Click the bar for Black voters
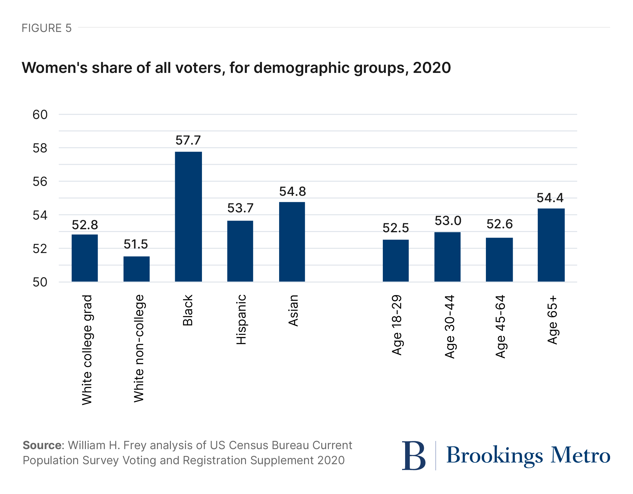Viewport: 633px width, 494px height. click(x=188, y=217)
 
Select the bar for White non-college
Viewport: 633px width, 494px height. click(x=137, y=269)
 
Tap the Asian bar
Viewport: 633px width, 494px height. click(x=292, y=242)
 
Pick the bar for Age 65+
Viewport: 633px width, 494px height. click(x=551, y=245)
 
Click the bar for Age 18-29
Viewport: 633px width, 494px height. click(x=395, y=261)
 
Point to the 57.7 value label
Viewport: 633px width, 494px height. click(x=188, y=140)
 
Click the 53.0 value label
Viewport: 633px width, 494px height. click(x=448, y=221)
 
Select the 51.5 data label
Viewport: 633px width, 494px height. click(x=136, y=244)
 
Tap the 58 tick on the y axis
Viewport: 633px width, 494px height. click(x=40, y=148)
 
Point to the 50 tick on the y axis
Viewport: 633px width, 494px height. click(x=40, y=282)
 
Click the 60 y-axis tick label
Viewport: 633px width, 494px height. click(x=40, y=115)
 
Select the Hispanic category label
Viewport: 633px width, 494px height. click(x=241, y=319)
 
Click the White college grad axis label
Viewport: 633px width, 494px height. click(x=87, y=349)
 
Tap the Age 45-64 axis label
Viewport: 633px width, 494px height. click(x=500, y=327)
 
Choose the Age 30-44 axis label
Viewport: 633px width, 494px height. click(x=449, y=327)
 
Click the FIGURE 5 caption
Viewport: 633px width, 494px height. click(x=47, y=28)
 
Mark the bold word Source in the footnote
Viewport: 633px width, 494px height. click(x=42, y=445)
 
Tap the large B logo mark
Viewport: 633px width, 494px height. click(x=414, y=455)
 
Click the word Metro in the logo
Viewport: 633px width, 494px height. click(x=580, y=455)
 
